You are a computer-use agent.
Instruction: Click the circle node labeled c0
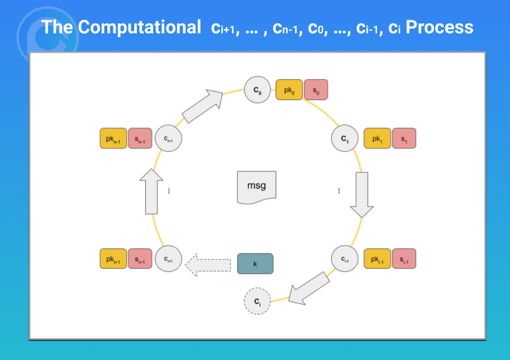(257, 90)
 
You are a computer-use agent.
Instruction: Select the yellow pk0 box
(289, 90)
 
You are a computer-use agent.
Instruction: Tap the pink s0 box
(316, 90)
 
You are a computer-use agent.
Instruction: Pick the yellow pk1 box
(377, 138)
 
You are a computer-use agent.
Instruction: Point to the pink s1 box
(404, 138)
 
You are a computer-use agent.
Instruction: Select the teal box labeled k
(255, 264)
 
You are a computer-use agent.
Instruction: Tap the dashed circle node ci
(257, 301)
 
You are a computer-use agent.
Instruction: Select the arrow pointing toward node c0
(202, 106)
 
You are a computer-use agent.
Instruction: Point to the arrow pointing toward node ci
(308, 288)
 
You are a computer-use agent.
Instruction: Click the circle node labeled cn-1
(168, 138)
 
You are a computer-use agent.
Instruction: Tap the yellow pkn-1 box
(113, 138)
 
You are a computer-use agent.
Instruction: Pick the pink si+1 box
(140, 259)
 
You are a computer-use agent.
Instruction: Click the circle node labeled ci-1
(345, 259)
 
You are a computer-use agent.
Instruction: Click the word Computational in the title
(139, 27)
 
